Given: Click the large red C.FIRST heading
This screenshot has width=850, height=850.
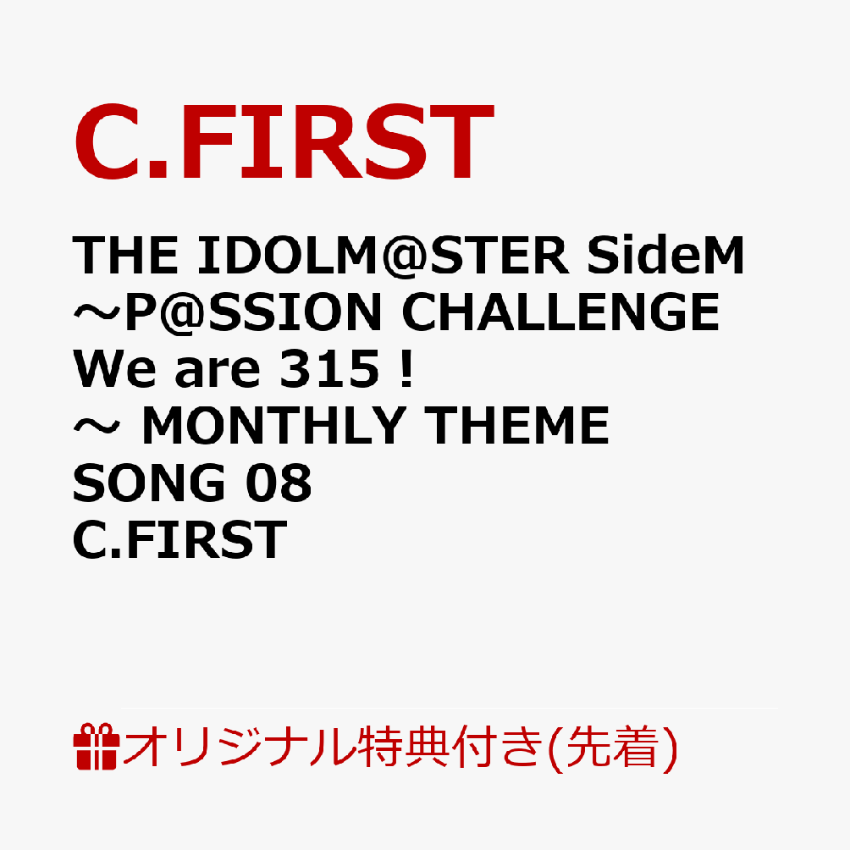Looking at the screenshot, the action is tap(284, 141).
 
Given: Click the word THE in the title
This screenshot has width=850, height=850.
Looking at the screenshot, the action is tap(125, 256).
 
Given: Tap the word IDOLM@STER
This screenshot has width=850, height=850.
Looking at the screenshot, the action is tap(383, 256).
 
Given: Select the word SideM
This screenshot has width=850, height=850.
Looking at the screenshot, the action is tap(665, 255).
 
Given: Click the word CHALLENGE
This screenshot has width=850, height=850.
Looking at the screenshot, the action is tap(560, 312).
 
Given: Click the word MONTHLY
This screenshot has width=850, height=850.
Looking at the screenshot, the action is tap(273, 426).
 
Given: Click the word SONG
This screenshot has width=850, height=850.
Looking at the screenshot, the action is tap(149, 483).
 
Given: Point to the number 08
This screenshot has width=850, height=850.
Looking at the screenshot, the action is tap(279, 483).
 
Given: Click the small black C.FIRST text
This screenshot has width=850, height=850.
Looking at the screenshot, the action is tap(180, 538).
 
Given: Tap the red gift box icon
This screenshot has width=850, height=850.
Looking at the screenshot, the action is tap(97, 747).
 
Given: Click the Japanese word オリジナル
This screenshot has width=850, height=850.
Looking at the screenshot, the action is tap(240, 748).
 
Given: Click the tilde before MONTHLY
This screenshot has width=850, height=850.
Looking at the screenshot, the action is tap(97, 426).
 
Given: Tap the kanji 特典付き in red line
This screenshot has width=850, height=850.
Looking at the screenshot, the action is tap(450, 748).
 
